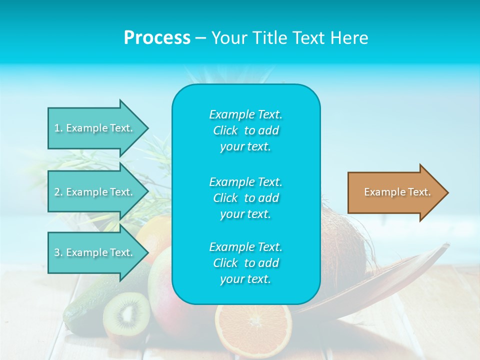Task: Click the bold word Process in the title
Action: [x=157, y=38]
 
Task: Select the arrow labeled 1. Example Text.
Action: [x=95, y=128]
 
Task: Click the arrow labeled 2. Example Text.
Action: [x=95, y=192]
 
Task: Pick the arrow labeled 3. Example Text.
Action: [x=95, y=252]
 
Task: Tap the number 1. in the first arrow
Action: [x=58, y=128]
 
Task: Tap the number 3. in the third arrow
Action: [x=58, y=252]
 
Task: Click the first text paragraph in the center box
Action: [x=245, y=130]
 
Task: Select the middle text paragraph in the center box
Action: [x=245, y=197]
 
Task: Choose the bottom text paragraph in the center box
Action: [x=245, y=263]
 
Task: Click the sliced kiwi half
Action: [x=126, y=314]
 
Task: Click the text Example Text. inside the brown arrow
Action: [x=397, y=192]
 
